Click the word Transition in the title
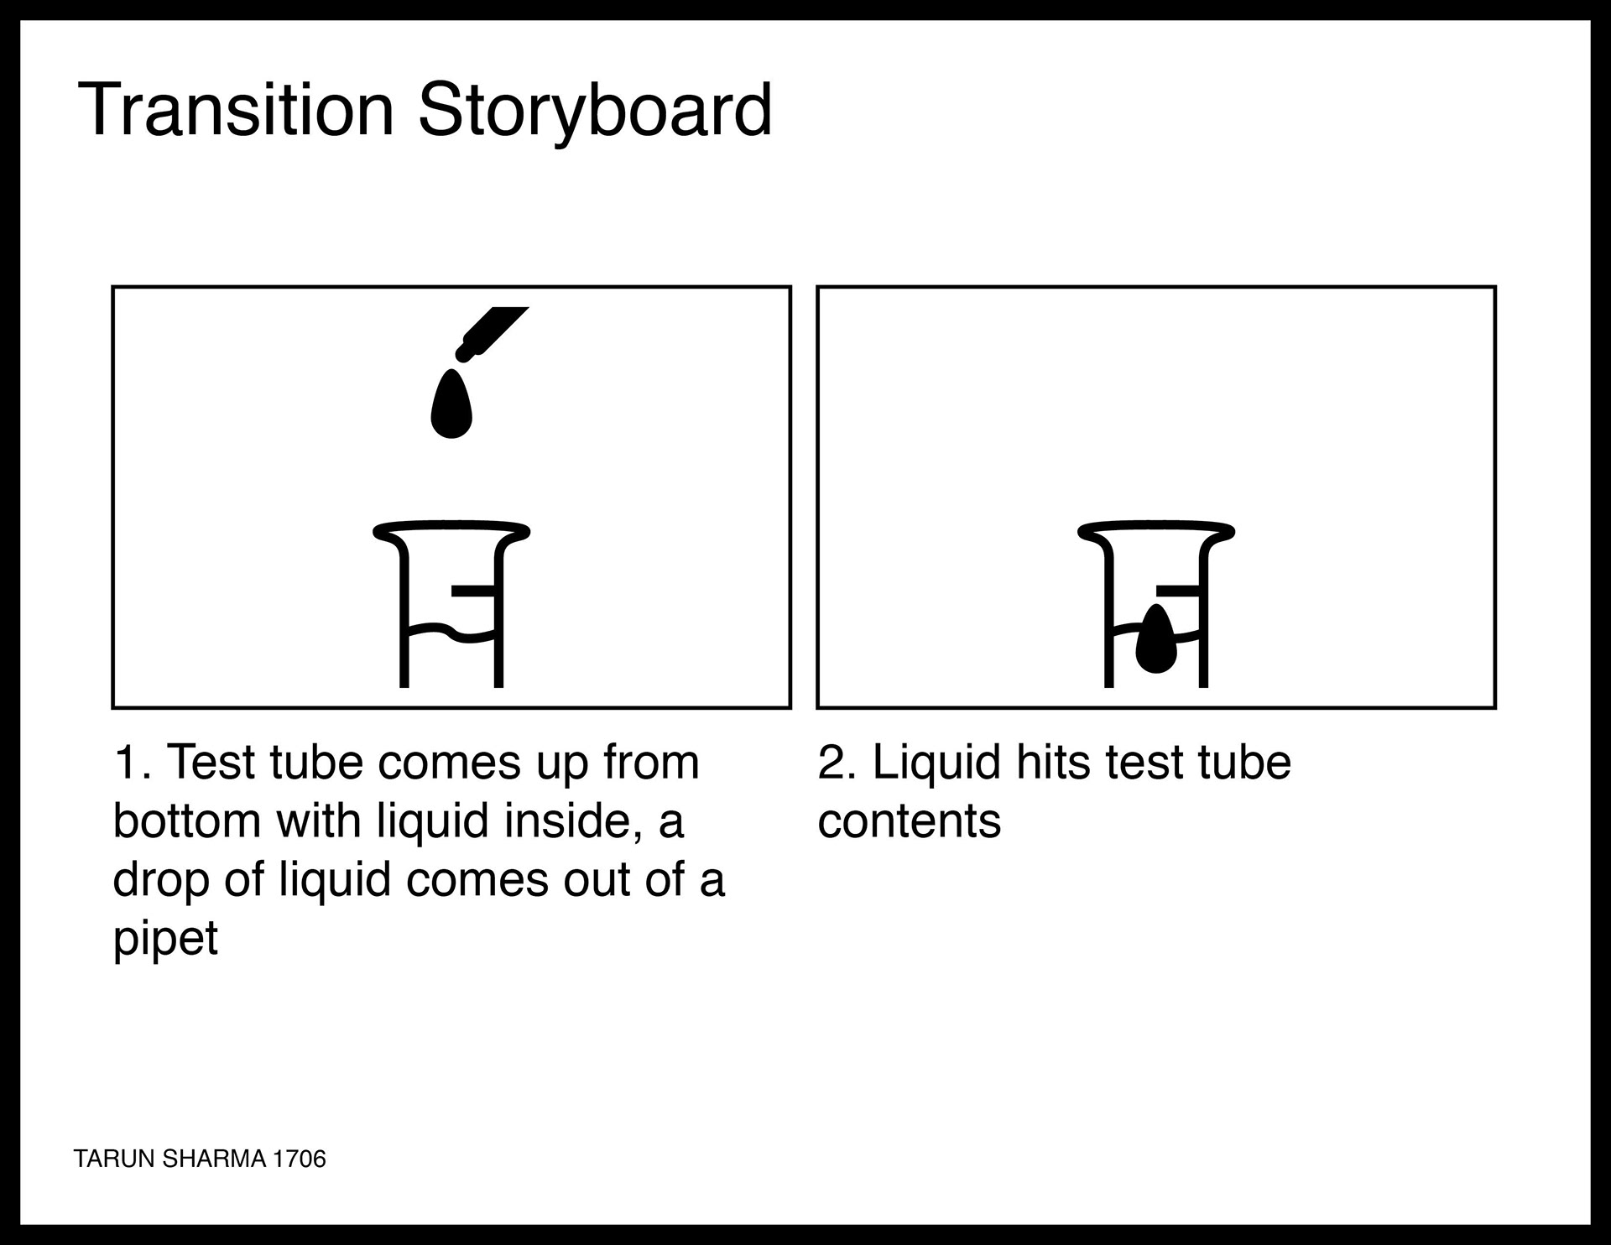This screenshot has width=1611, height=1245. coord(236,109)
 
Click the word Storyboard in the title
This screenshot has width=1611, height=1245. coord(595,111)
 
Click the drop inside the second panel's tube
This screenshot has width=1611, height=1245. coord(1157,638)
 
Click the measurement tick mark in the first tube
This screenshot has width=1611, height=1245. coord(473,591)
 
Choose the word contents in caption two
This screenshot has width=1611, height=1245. coord(910,821)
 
